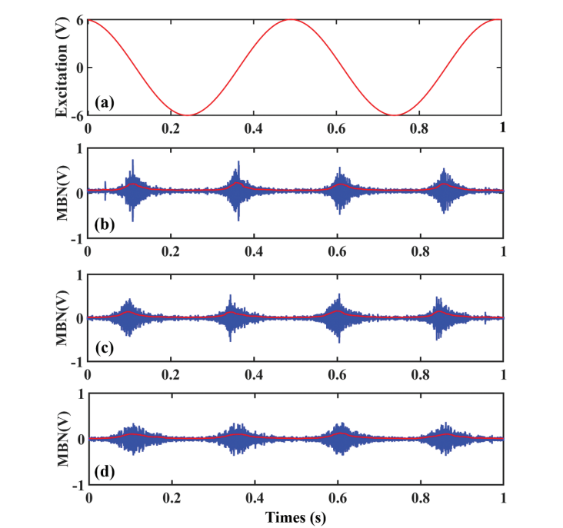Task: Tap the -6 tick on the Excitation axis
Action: click(x=76, y=115)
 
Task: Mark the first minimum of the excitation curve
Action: click(x=188, y=115)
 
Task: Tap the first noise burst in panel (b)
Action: click(x=133, y=189)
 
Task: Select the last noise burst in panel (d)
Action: click(x=445, y=438)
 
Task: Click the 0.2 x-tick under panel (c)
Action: click(x=172, y=375)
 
